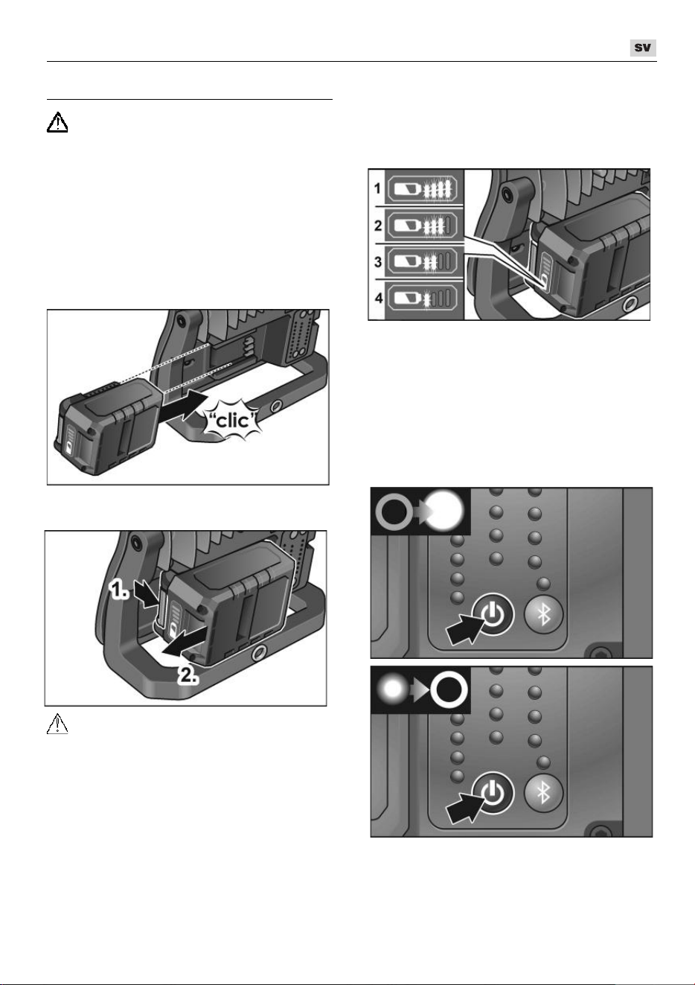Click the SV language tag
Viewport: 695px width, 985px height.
[x=642, y=48]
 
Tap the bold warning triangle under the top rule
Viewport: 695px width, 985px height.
[x=57, y=122]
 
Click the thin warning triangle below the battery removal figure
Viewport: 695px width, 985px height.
[x=57, y=724]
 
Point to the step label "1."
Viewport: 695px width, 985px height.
[x=119, y=590]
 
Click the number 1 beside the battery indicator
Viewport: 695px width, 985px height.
[x=377, y=188]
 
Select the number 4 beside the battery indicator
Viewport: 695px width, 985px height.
[x=378, y=298]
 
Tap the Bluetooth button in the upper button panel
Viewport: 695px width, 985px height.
[x=544, y=614]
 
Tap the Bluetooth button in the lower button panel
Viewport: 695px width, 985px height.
[x=544, y=793]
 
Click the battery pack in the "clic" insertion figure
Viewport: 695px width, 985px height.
[x=109, y=424]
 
